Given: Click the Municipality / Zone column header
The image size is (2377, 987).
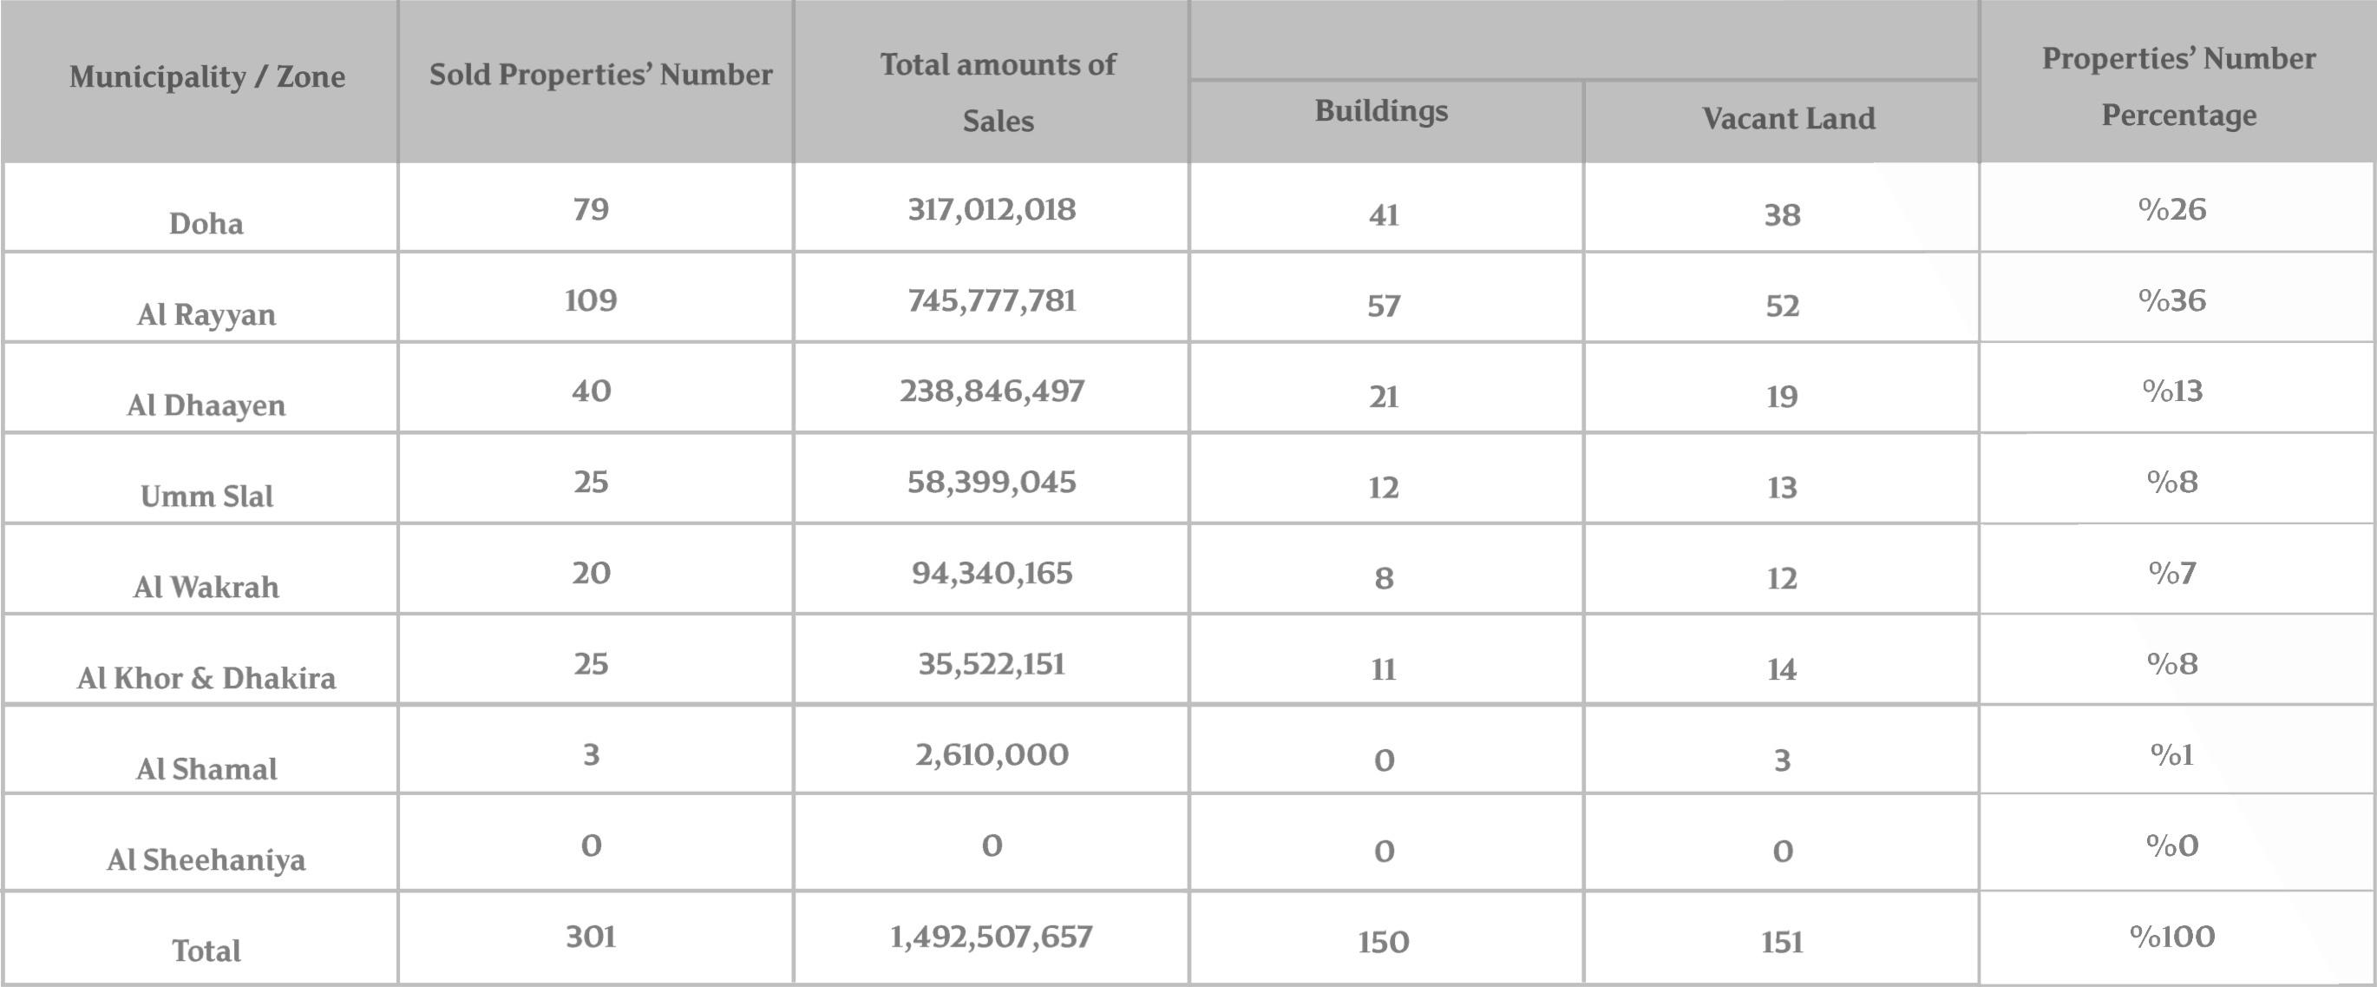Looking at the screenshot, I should [x=206, y=76].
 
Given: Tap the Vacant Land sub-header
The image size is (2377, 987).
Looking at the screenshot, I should [x=1787, y=119].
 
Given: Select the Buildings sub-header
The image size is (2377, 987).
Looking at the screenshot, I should [x=1380, y=111].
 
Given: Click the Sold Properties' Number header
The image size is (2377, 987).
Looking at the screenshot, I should [x=599, y=75].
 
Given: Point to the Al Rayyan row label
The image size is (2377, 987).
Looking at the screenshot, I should [x=206, y=315].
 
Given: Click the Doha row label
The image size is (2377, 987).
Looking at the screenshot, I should [x=206, y=223].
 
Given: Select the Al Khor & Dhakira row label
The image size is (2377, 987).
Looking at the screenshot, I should [x=206, y=679].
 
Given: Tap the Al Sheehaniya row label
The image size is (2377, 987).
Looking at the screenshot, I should [x=206, y=860].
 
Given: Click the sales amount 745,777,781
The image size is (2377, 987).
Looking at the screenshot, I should [x=992, y=301].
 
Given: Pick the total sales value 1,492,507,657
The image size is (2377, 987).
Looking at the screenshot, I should [x=991, y=938].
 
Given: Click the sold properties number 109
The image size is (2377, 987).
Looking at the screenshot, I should [x=591, y=301].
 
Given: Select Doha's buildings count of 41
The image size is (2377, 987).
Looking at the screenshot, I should [x=1383, y=215].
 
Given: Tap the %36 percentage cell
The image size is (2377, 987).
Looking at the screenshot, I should [x=2172, y=301].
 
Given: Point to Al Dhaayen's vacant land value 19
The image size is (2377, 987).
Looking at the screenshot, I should [x=1782, y=397].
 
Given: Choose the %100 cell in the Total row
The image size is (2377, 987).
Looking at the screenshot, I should [x=2172, y=938].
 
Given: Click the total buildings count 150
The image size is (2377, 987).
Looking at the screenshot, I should [x=1383, y=943].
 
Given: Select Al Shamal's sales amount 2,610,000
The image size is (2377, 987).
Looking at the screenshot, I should [x=992, y=755].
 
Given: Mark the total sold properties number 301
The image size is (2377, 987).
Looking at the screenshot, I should [x=591, y=938].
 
